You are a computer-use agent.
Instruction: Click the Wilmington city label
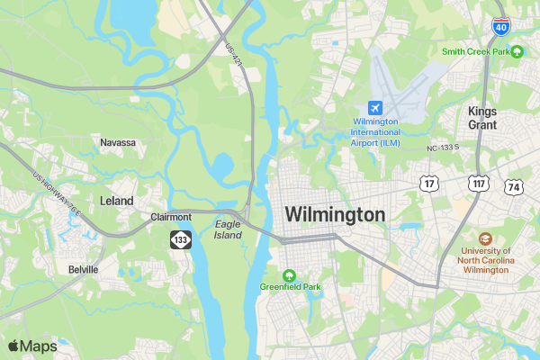[335, 215]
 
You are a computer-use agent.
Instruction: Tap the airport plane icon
[375, 108]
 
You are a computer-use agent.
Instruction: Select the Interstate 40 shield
[499, 25]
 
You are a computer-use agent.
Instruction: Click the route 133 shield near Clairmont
[182, 239]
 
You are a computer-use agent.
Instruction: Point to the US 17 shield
[428, 184]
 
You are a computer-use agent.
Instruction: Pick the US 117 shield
[477, 184]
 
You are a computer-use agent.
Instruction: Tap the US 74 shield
[514, 187]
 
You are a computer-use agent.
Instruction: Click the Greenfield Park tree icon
[289, 275]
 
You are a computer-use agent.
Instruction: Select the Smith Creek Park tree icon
[517, 51]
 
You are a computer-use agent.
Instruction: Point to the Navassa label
[118, 142]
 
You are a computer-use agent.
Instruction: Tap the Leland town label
[117, 201]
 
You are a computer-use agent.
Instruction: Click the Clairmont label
[171, 217]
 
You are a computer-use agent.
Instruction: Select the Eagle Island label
[229, 229]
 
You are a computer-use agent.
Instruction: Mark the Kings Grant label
[482, 117]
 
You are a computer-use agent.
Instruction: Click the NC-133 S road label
[443, 147]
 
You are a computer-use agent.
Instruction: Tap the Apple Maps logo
[32, 346]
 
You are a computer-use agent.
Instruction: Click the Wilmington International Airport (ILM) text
[375, 131]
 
